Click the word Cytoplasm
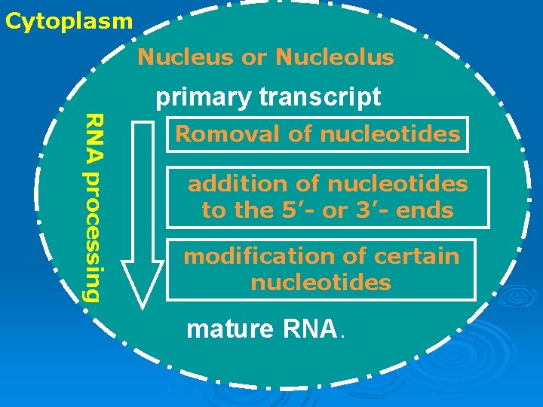click(69, 20)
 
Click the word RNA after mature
click(311, 329)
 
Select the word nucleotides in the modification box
click(321, 283)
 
